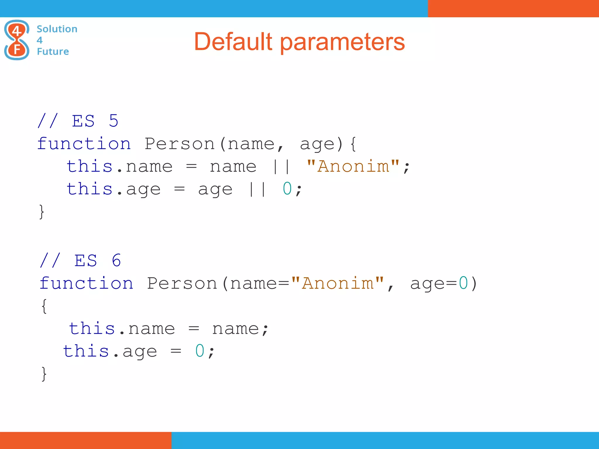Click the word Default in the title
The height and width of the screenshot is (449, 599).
233,42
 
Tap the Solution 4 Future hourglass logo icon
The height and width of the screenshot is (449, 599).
17,40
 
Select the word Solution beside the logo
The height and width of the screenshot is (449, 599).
57,29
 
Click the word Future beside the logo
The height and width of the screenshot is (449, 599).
53,51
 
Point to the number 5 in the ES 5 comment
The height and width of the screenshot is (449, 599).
113,121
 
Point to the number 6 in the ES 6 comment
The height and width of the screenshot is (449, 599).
116,260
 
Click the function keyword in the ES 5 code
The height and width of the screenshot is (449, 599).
84,144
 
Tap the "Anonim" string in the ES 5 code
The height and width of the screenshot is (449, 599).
353,166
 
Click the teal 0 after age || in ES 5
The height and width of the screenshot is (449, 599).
287,189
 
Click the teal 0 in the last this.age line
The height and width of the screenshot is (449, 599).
200,351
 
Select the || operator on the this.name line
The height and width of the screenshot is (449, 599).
281,167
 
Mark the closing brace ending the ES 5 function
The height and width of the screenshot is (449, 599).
42,212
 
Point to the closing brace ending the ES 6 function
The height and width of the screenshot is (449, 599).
44,374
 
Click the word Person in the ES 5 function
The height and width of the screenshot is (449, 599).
180,144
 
